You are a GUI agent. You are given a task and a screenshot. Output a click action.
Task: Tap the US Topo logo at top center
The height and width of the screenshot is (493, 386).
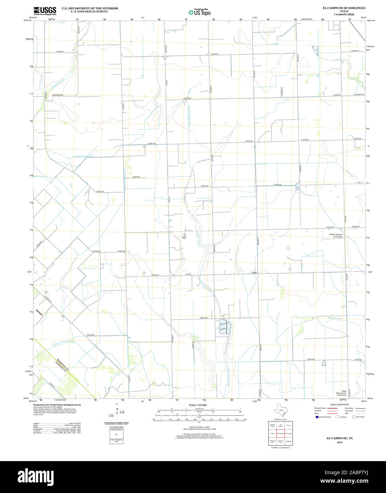click(x=199, y=12)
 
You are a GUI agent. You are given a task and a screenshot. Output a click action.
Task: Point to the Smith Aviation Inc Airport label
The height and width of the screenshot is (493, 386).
click(x=336, y=236)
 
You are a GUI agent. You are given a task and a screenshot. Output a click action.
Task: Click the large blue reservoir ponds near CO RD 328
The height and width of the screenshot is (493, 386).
click(x=224, y=327)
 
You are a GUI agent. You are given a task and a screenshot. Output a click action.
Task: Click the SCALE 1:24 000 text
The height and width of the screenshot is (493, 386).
click(x=198, y=405)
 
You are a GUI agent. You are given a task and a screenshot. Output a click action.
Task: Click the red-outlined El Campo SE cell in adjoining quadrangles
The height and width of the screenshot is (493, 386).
click(x=280, y=433)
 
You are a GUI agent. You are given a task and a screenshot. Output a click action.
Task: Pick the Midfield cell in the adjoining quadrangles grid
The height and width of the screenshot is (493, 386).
click(x=288, y=442)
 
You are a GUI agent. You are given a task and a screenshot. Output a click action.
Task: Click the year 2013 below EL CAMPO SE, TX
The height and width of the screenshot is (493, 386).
click(x=340, y=442)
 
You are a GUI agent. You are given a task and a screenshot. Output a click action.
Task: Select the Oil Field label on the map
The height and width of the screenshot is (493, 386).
click(x=184, y=237)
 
